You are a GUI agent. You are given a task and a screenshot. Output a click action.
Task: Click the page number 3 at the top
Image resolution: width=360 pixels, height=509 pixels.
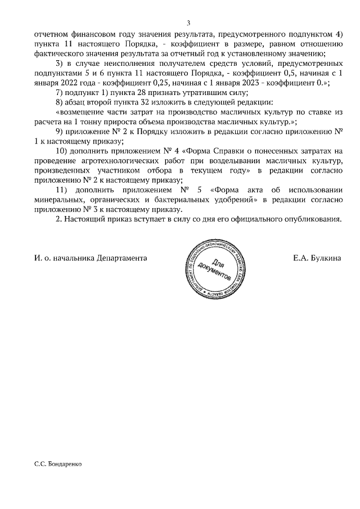[x=188, y=23]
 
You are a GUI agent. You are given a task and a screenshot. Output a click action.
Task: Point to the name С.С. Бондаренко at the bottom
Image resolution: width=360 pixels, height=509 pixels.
[x=58, y=466]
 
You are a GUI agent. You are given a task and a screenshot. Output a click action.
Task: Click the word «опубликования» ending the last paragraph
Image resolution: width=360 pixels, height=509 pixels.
[x=312, y=219]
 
